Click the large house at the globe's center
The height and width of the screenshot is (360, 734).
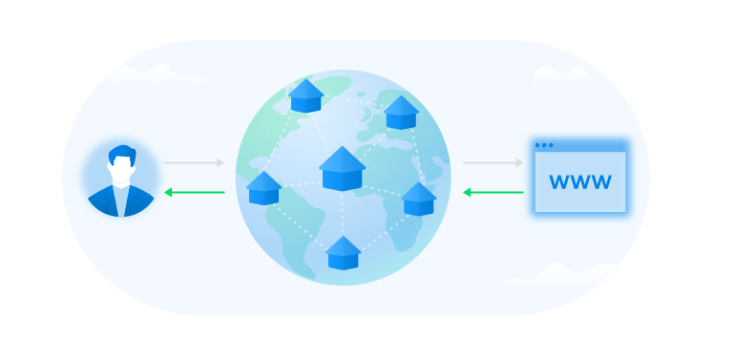(342, 168)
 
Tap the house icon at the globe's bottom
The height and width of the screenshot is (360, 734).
(343, 253)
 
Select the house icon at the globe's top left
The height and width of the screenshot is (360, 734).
(305, 95)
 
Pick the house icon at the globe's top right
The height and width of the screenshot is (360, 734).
(401, 113)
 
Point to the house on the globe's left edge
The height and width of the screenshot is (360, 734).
(263, 188)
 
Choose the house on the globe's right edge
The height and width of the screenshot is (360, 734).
(418, 199)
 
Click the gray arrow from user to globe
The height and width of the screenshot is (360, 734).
(195, 163)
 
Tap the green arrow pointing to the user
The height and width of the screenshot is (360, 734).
(195, 192)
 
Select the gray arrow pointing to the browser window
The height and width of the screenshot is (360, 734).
(493, 163)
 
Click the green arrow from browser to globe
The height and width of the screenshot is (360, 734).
(493, 192)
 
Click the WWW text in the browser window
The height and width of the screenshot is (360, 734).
(580, 181)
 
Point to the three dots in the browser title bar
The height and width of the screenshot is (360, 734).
(544, 145)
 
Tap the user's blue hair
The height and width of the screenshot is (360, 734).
(122, 152)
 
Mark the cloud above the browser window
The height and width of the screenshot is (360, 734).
(562, 74)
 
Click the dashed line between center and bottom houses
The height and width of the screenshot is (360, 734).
(343, 214)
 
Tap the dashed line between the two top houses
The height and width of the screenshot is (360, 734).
(353, 99)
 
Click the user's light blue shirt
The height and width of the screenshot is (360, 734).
(121, 202)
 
